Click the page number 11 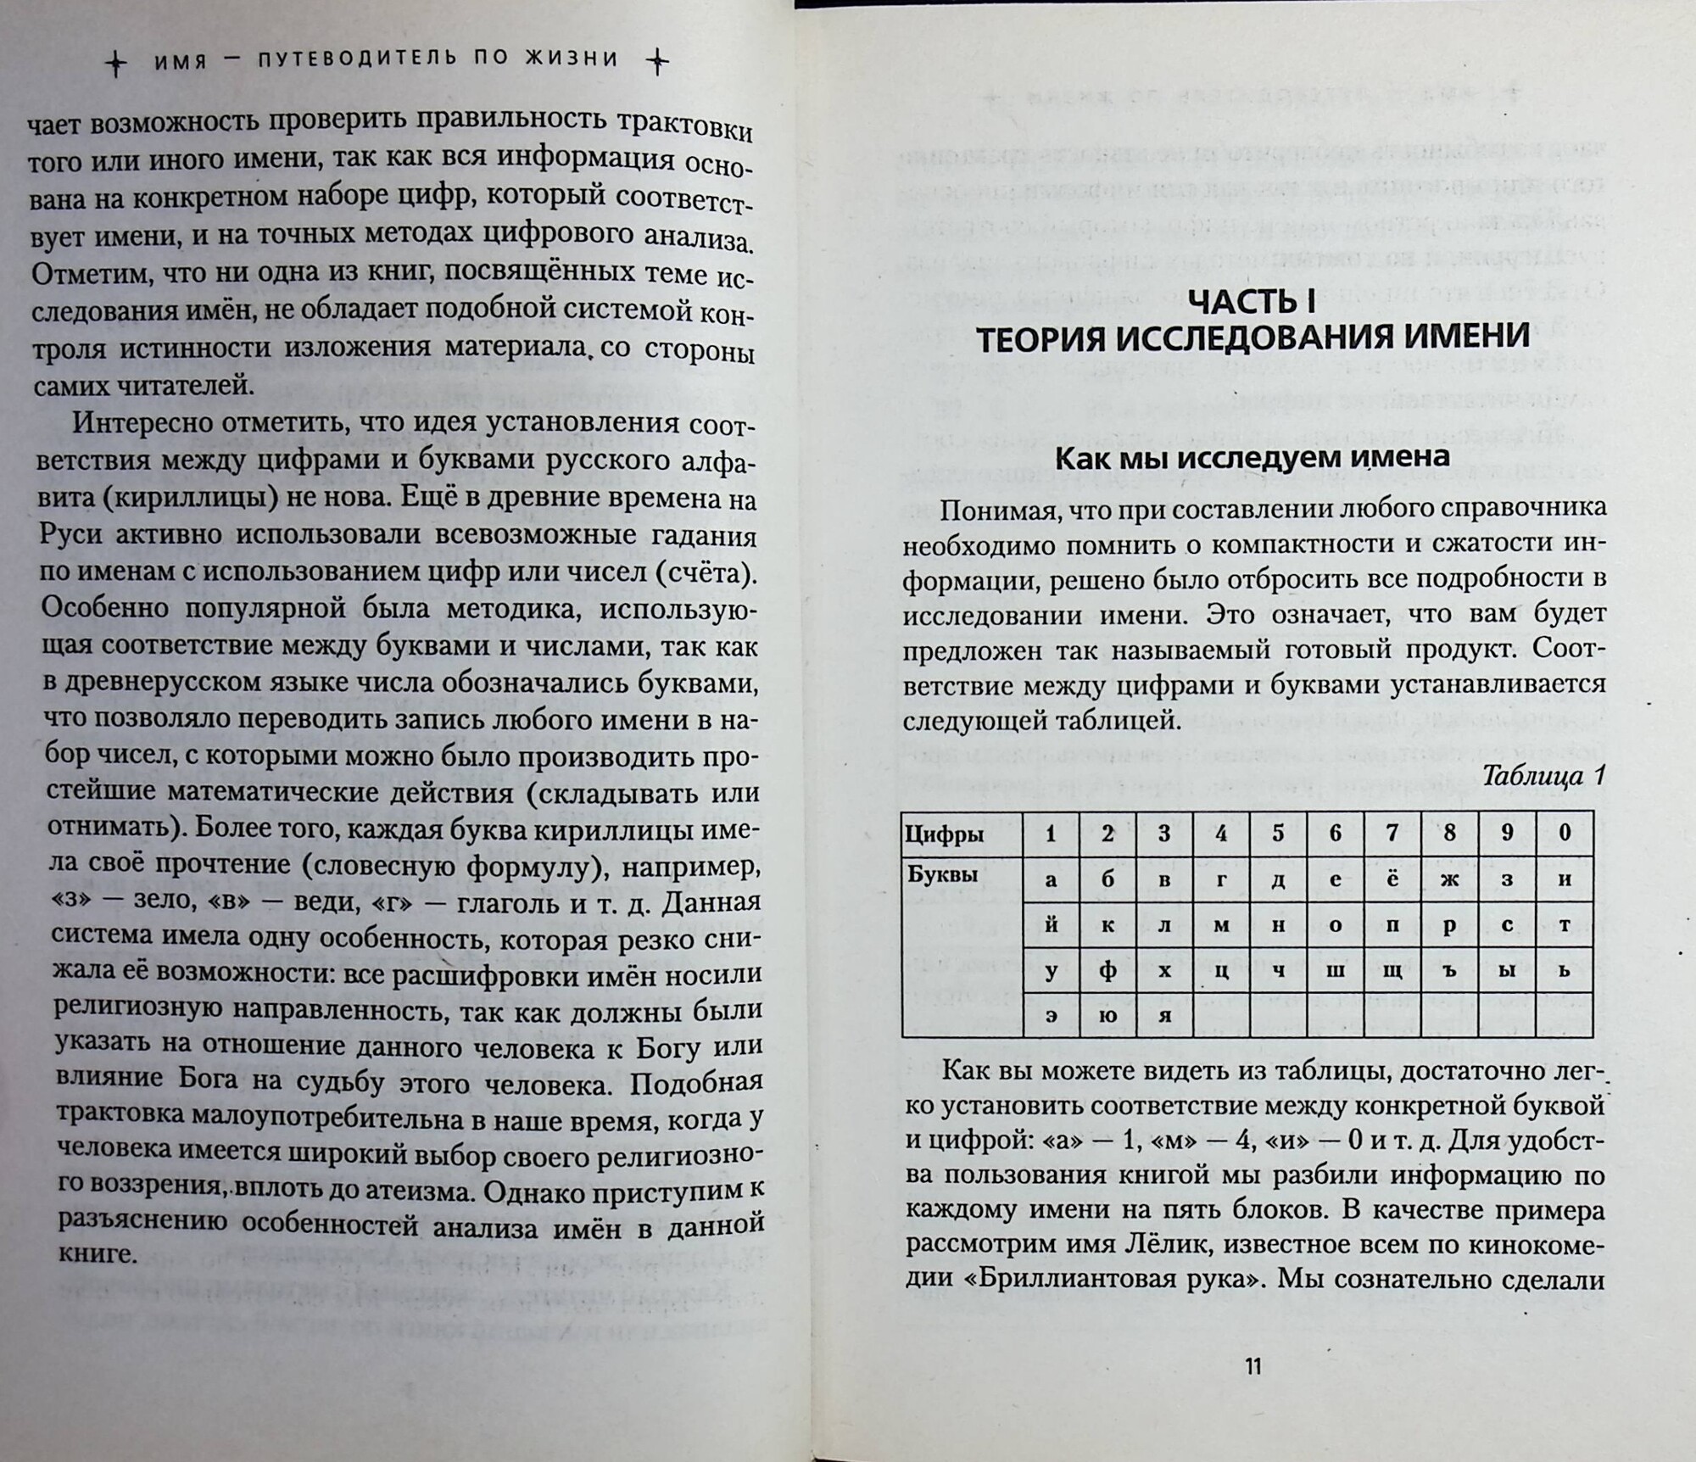[1252, 1367]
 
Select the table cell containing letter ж [1449, 879]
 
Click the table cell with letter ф [1107, 970]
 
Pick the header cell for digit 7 [1392, 834]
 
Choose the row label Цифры [944, 834]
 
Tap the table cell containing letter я [1163, 1016]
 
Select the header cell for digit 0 [1565, 833]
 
